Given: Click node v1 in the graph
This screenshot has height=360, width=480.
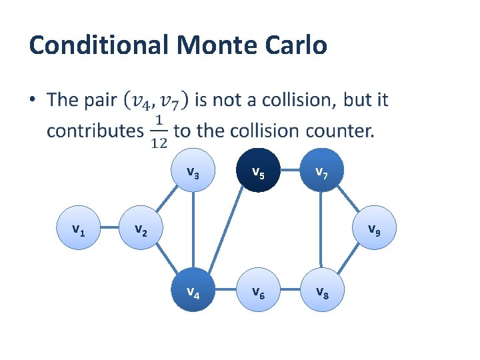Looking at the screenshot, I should click(78, 231).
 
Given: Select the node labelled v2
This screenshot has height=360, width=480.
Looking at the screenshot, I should click(139, 231).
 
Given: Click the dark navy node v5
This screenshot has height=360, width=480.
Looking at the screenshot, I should click(257, 175).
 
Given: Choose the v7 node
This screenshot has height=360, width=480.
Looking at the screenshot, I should click(321, 175).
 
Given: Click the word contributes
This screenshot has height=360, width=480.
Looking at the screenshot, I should click(95, 131).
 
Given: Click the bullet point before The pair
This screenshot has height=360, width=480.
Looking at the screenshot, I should click(33, 101).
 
